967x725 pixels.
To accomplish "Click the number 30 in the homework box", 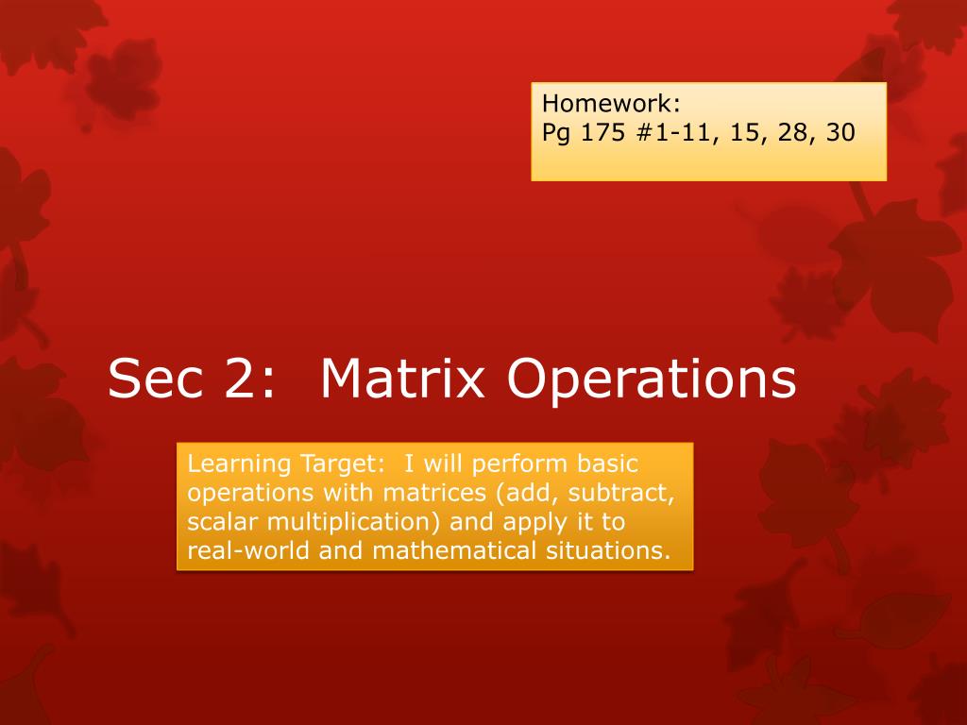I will (x=840, y=132).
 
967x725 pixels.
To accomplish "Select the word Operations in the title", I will (x=652, y=379).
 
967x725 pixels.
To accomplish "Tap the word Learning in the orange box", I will (x=232, y=465).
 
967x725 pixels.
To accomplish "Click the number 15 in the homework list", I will (x=745, y=132).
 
